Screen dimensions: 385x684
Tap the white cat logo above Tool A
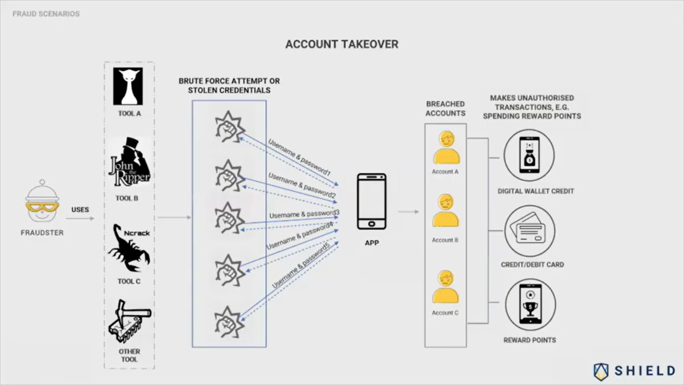point(128,86)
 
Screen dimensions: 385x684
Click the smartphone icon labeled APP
point(372,201)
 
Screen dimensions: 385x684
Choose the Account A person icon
point(446,148)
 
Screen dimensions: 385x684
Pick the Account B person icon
point(445,211)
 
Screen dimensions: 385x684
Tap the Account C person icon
point(445,287)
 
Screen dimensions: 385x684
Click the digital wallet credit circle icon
point(529,155)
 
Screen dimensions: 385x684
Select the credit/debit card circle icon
point(529,231)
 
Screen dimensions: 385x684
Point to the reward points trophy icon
point(530,305)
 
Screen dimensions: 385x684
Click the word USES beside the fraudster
point(80,210)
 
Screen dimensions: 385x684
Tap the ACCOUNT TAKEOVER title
point(342,44)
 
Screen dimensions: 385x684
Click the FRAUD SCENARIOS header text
point(46,14)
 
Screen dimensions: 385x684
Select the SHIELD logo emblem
point(601,371)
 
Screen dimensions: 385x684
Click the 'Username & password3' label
point(304,214)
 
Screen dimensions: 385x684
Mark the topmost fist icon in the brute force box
point(229,127)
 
